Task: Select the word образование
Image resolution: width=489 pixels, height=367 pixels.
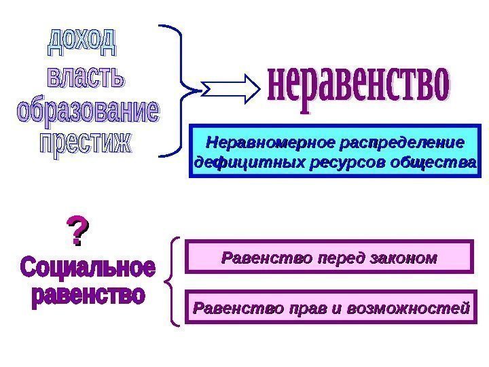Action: pos(88,112)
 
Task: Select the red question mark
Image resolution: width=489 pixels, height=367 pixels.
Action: pos(77,232)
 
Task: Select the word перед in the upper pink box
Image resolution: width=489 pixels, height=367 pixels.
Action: pos(330,258)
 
